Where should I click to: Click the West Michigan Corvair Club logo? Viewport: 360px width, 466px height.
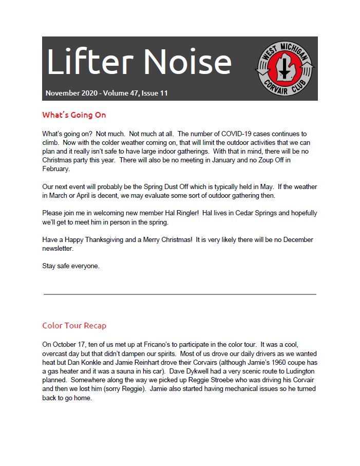pos(285,68)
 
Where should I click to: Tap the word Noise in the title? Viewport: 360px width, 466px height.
pos(187,62)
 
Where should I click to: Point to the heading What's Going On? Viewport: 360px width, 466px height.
pos(74,115)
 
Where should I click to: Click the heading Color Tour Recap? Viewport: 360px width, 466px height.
pos(74,325)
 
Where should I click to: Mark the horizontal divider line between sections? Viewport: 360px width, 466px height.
pos(180,294)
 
